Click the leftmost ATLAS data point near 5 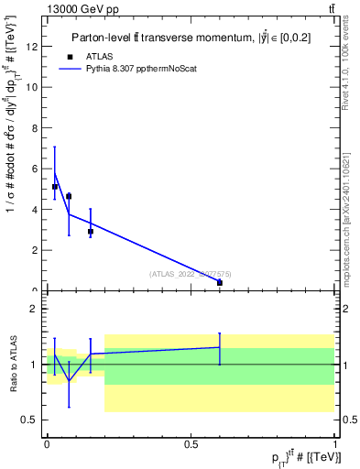(55, 187)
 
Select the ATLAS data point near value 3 (90, 232)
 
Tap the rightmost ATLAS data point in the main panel (220, 283)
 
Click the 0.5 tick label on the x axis (191, 443)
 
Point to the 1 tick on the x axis (336, 443)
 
